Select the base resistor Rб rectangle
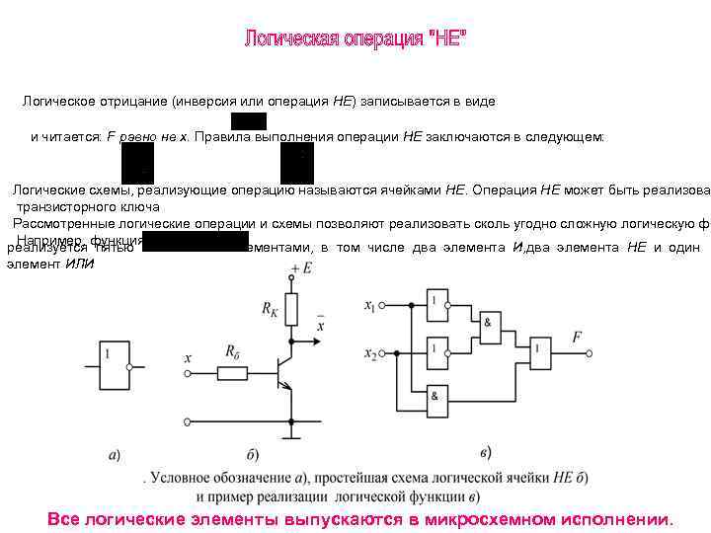click(x=233, y=373)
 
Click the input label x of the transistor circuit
click(x=188, y=361)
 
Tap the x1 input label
click(x=369, y=305)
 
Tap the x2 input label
click(x=369, y=352)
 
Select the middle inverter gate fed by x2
click(x=436, y=348)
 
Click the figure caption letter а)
click(x=115, y=455)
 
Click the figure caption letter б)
click(x=253, y=455)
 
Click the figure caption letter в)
click(x=485, y=453)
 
